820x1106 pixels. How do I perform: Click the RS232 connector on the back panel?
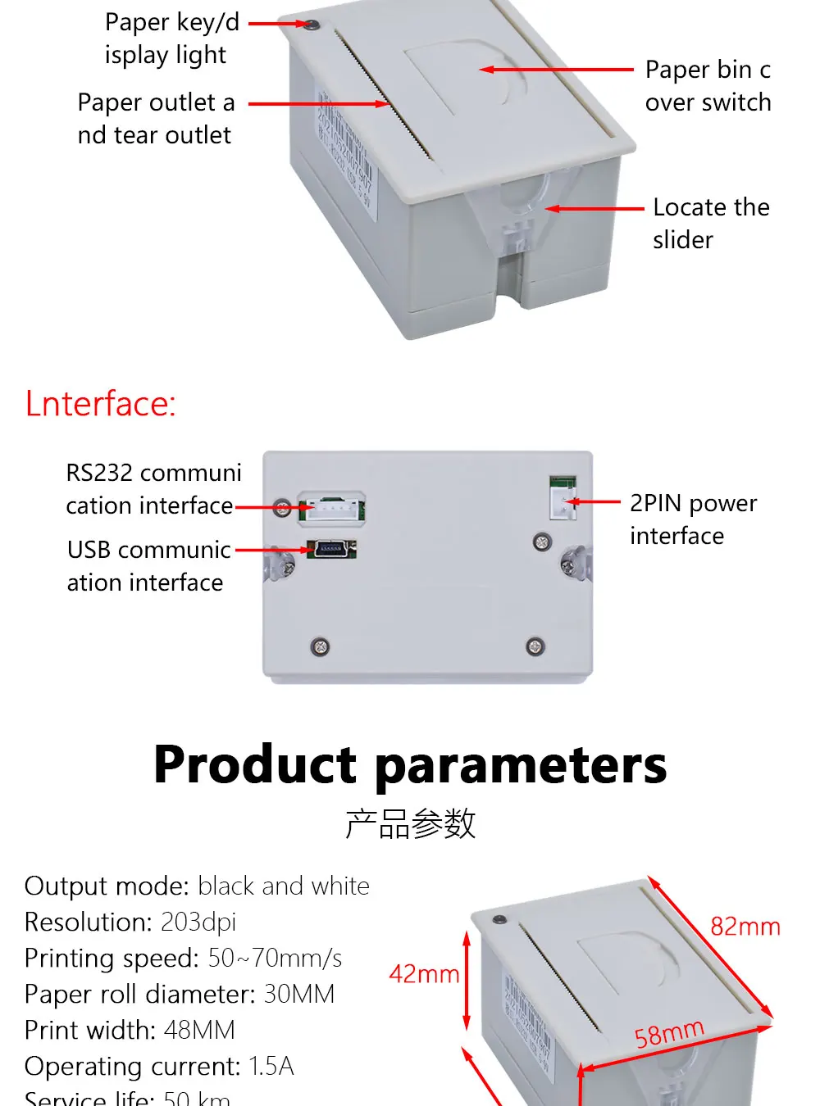pos(332,508)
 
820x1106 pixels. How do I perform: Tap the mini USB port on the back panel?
pos(335,548)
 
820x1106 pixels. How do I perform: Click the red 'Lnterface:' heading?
pos(101,404)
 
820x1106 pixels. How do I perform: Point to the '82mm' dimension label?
pos(745,927)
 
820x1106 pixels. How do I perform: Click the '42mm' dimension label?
pos(424,974)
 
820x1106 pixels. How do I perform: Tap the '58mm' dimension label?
pos(669,1033)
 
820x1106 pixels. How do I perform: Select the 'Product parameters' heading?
pos(410,764)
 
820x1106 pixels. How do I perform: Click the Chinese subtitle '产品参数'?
pos(410,823)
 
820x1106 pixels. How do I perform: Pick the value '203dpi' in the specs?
pos(198,922)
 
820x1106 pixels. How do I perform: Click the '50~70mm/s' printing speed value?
pos(275,959)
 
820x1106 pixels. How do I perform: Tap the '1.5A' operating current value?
pos(271,1067)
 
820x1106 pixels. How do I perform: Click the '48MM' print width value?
pos(199,1031)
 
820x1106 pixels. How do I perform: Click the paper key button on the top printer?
pos(312,25)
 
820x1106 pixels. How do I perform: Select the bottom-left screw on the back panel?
pos(321,646)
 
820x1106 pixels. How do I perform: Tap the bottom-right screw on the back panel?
pos(535,646)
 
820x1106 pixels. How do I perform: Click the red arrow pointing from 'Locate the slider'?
pos(594,209)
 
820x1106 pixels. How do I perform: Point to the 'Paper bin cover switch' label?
pos(708,86)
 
